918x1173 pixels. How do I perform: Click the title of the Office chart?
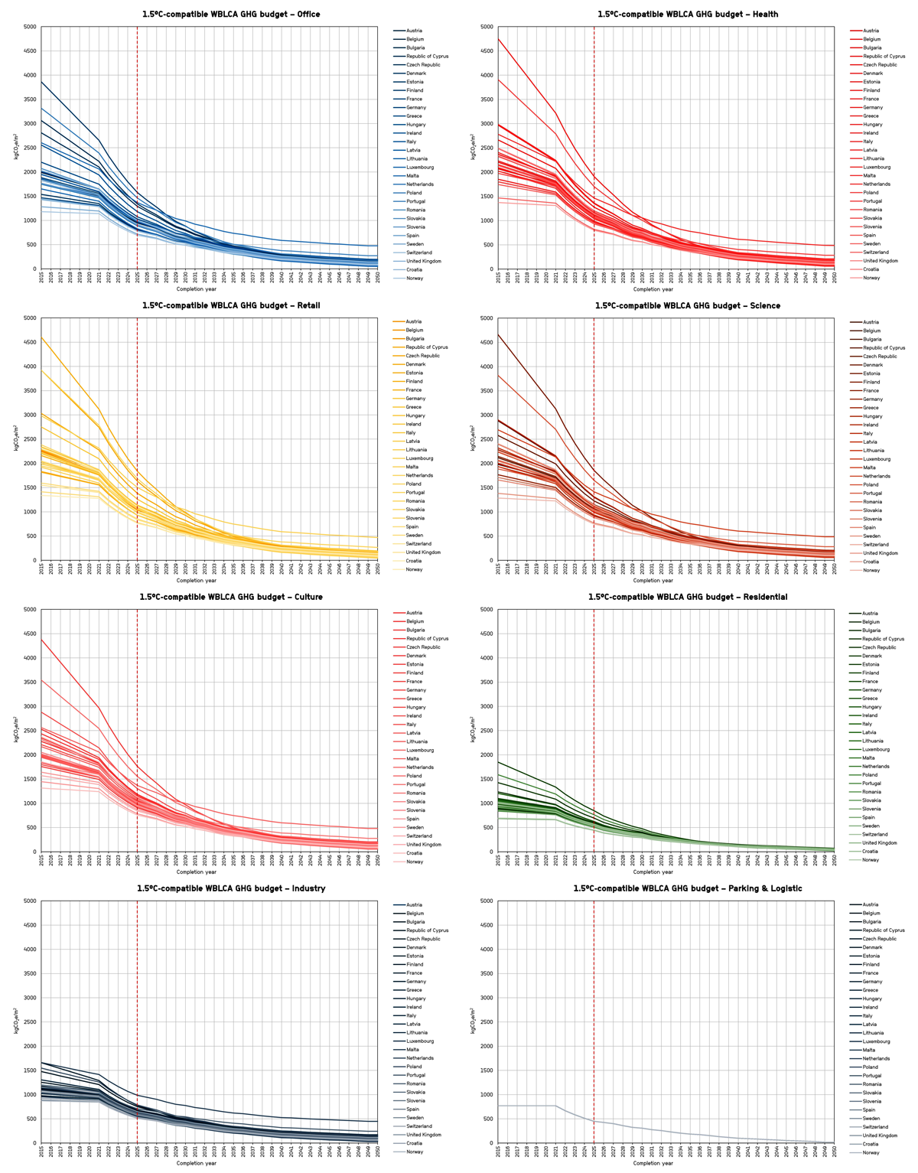tap(230, 14)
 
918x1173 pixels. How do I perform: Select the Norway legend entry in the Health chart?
tap(871, 278)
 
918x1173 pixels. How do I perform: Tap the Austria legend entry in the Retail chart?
tap(415, 321)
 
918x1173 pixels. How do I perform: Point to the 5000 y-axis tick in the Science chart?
tap(488, 318)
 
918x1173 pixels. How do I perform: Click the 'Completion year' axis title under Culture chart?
tap(197, 872)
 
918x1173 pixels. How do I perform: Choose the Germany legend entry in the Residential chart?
tap(873, 690)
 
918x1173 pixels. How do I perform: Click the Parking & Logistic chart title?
tap(688, 888)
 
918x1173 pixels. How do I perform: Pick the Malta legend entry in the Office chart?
tap(415, 176)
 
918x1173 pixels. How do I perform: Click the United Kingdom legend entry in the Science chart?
tap(880, 553)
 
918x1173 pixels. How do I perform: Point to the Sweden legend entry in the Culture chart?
tap(415, 827)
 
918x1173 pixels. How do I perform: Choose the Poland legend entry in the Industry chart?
tap(415, 1067)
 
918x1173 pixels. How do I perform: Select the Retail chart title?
tap(230, 305)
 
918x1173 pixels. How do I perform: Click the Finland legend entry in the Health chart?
tap(871, 90)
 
